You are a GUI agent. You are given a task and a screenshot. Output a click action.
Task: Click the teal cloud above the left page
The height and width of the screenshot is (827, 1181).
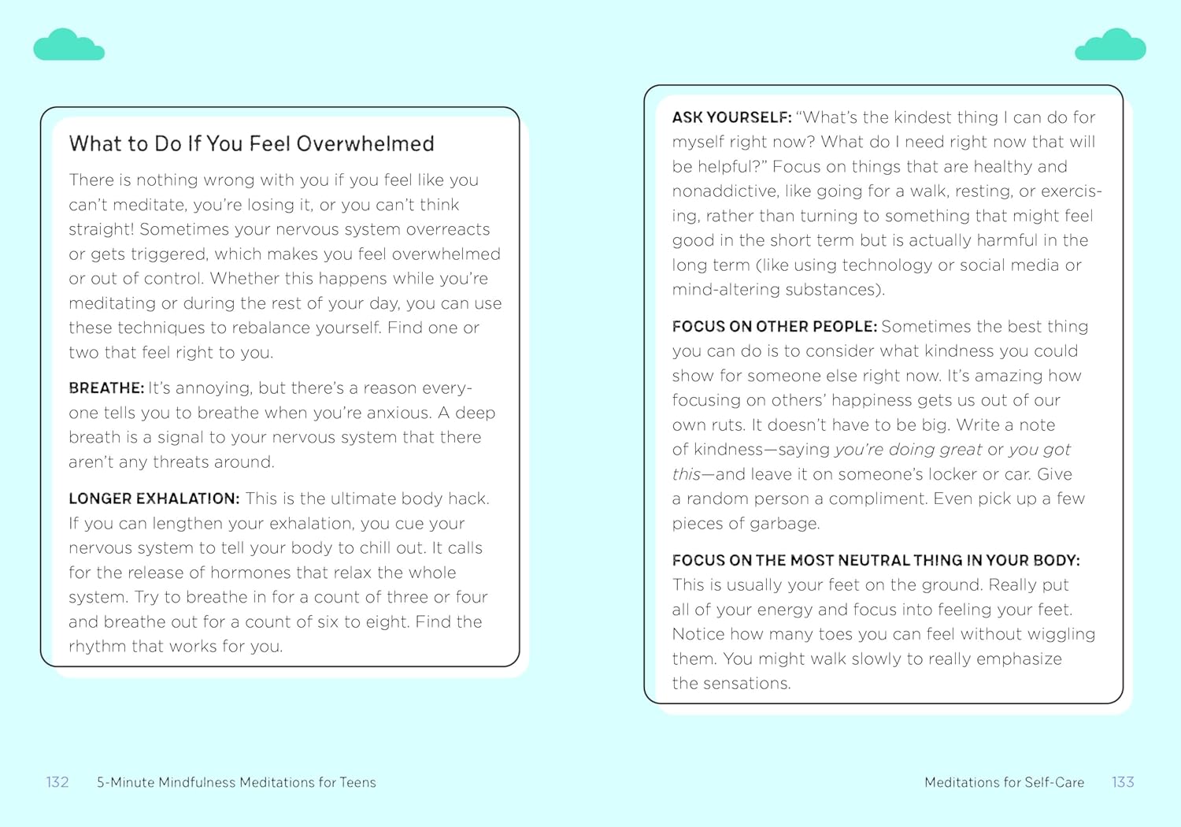click(x=68, y=46)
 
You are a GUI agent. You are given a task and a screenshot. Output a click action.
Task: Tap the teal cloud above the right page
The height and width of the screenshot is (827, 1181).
click(x=1110, y=46)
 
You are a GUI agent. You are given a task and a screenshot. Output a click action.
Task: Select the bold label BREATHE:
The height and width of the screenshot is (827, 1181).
click(x=106, y=388)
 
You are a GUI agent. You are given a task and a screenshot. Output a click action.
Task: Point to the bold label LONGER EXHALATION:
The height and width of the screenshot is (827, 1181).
click(x=154, y=499)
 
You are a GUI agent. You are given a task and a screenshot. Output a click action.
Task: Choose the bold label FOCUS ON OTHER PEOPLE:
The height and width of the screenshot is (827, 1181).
click(x=774, y=327)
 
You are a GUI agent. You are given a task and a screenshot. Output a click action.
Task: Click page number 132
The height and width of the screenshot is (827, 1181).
click(x=57, y=782)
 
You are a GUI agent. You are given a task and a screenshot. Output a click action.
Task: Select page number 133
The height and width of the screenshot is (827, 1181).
click(x=1123, y=782)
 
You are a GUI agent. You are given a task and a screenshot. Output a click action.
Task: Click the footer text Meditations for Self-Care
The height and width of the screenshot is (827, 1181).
click(x=1004, y=782)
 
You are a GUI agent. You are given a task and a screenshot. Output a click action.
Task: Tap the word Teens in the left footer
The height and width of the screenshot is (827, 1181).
click(x=357, y=782)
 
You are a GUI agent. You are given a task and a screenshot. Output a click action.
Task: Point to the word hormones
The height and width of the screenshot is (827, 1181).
click(x=251, y=573)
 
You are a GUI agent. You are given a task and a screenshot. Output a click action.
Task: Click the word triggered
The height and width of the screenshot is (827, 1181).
click(x=167, y=254)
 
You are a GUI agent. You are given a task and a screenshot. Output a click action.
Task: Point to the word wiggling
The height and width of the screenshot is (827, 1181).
click(x=1060, y=634)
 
